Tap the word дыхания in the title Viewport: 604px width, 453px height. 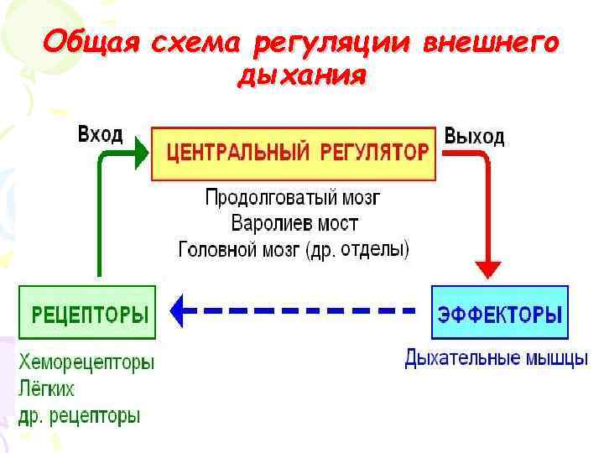(x=302, y=76)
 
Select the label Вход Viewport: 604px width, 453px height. (x=100, y=134)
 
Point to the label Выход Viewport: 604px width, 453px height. (x=474, y=137)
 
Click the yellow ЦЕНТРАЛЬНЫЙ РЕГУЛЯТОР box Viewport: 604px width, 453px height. (x=294, y=154)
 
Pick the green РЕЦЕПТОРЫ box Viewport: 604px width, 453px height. (x=87, y=313)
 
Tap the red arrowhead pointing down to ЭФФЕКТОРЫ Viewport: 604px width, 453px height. (x=487, y=268)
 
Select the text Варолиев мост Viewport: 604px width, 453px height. (x=294, y=224)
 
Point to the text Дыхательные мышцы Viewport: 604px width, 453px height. (x=496, y=360)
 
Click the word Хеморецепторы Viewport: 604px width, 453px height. (x=86, y=364)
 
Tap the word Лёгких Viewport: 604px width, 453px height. (x=46, y=389)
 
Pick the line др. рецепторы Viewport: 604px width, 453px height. (x=79, y=415)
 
